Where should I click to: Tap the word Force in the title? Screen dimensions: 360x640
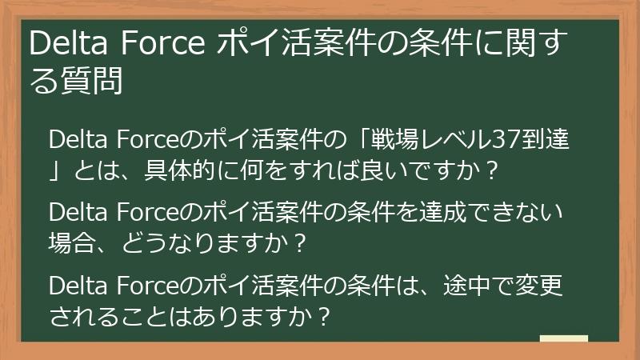tap(161, 43)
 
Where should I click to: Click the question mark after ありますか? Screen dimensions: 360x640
tap(323, 317)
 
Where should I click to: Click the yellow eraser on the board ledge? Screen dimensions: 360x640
tap(563, 338)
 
